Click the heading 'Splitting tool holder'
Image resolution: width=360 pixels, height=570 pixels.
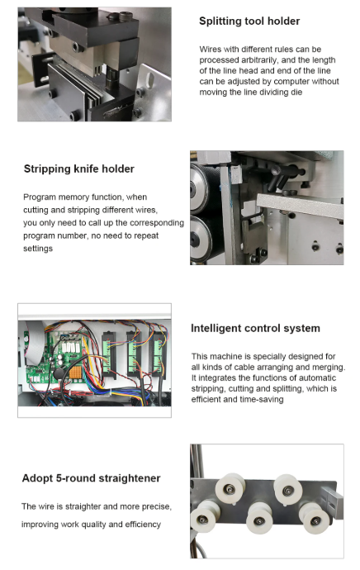[x=249, y=21]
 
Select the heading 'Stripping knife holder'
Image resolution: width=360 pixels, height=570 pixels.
[x=78, y=169]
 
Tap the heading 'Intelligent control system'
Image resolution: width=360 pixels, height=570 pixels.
[x=255, y=328]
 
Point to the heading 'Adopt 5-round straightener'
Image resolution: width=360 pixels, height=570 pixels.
[x=91, y=478]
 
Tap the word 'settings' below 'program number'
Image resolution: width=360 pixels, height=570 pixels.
[x=38, y=249]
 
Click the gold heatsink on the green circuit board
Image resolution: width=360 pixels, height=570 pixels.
[x=75, y=373]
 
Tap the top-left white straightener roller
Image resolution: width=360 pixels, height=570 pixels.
[x=230, y=489]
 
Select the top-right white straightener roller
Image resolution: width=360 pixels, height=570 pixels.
[x=287, y=490]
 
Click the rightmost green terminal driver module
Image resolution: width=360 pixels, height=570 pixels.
[x=159, y=354]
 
